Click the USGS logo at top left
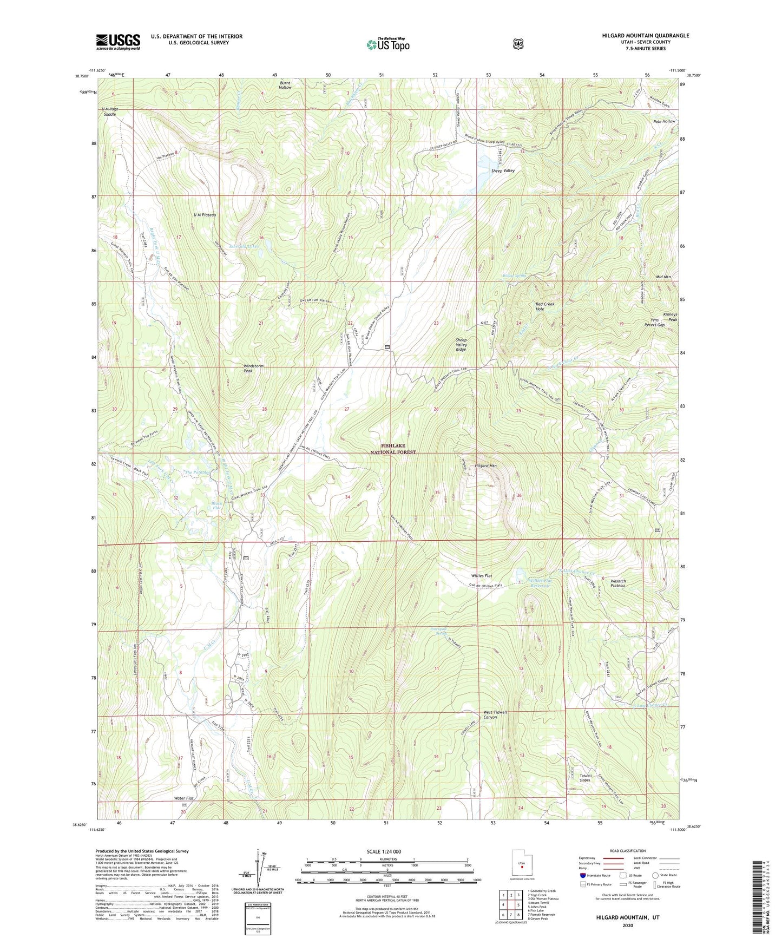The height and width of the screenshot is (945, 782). pos(118,42)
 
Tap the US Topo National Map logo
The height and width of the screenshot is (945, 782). pos(387,44)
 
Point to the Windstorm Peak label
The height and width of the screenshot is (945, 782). pos(253,369)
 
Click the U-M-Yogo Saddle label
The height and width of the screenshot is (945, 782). pos(110,111)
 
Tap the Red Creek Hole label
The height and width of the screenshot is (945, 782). pos(544,306)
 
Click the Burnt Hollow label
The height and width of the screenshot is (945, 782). pos(285,85)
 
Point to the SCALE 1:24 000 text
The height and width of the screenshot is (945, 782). pos(384,851)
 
